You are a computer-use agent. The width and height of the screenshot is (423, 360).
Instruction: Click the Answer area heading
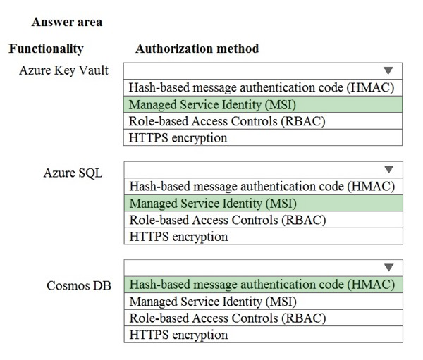tap(67, 22)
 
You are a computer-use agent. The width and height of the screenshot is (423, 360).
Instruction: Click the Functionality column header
tap(46, 49)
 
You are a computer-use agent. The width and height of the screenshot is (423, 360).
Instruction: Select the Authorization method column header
tap(197, 49)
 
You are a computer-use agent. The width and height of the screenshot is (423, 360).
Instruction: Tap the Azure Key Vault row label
tap(63, 70)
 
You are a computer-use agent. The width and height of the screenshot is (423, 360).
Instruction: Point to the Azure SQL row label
tap(73, 173)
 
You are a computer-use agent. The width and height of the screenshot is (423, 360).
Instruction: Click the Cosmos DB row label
tap(79, 285)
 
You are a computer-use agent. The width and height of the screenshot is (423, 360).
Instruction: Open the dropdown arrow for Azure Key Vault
tap(388, 70)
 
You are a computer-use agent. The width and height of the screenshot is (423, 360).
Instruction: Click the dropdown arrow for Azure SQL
tap(388, 169)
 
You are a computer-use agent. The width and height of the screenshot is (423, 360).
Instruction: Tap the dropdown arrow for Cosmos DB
tap(388, 268)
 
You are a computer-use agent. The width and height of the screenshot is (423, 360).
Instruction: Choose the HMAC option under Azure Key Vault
tap(262, 87)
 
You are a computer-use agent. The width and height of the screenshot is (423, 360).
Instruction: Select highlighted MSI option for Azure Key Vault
tap(212, 105)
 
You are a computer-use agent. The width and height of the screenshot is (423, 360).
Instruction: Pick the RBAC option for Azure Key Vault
tap(227, 121)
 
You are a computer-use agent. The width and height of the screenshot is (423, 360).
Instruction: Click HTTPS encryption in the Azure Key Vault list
tap(178, 138)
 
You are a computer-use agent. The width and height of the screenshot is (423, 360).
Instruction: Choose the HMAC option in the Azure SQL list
tap(262, 186)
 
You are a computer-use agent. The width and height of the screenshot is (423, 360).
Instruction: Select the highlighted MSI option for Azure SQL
tap(213, 204)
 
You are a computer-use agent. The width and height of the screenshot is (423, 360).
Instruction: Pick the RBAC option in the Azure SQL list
tap(228, 220)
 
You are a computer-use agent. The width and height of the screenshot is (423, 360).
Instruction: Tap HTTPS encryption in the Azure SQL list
tap(178, 237)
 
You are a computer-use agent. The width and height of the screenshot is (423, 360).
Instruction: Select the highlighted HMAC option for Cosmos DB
tap(262, 285)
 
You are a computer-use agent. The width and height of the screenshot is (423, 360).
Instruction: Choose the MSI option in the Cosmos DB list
tap(213, 302)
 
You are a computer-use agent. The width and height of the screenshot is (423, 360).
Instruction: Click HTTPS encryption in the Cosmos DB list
tap(178, 335)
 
